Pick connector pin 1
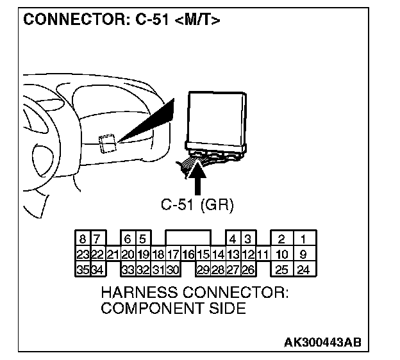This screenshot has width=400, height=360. pyautogui.click(x=303, y=240)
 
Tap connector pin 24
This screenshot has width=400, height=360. pyautogui.click(x=303, y=270)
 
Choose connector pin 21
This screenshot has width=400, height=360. pyautogui.click(x=113, y=254)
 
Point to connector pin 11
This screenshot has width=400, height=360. pyautogui.click(x=262, y=254)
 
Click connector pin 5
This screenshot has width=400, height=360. pyautogui.click(x=143, y=240)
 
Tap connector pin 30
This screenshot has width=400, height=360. pyautogui.click(x=173, y=270)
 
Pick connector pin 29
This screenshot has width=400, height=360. pyautogui.click(x=203, y=270)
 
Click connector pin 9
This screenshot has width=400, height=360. pyautogui.click(x=303, y=254)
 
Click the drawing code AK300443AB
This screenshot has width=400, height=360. pyautogui.click(x=323, y=341)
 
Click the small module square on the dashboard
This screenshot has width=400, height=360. pyautogui.click(x=108, y=143)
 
